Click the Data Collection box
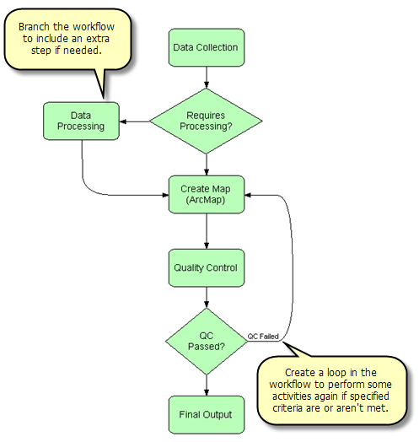pos(206,48)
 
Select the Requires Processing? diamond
pos(206,121)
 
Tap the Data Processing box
pos(81,121)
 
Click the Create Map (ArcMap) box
pos(206,194)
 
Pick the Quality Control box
pos(206,267)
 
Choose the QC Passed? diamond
pos(206,340)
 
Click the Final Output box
pos(206,413)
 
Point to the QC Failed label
pos(262,336)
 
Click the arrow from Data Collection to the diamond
pos(206,78)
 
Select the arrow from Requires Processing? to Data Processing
pos(134,121)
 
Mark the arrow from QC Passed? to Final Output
pos(206,385)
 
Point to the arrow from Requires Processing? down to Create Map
pos(206,164)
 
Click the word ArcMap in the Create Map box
pos(207,201)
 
